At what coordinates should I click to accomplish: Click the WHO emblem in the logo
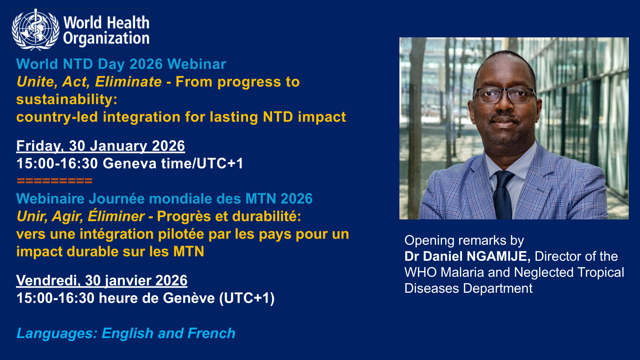(36, 30)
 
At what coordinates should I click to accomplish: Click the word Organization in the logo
(106, 38)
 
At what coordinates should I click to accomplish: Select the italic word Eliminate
(128, 82)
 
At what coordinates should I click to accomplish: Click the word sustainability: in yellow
(67, 100)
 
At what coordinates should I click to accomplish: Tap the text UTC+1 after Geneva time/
(220, 164)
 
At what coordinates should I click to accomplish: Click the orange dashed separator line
(54, 180)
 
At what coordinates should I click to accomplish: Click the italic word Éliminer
(116, 216)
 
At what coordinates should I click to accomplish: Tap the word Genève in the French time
(189, 298)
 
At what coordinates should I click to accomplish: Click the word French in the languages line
(212, 333)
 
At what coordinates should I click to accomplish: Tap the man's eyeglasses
(504, 96)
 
